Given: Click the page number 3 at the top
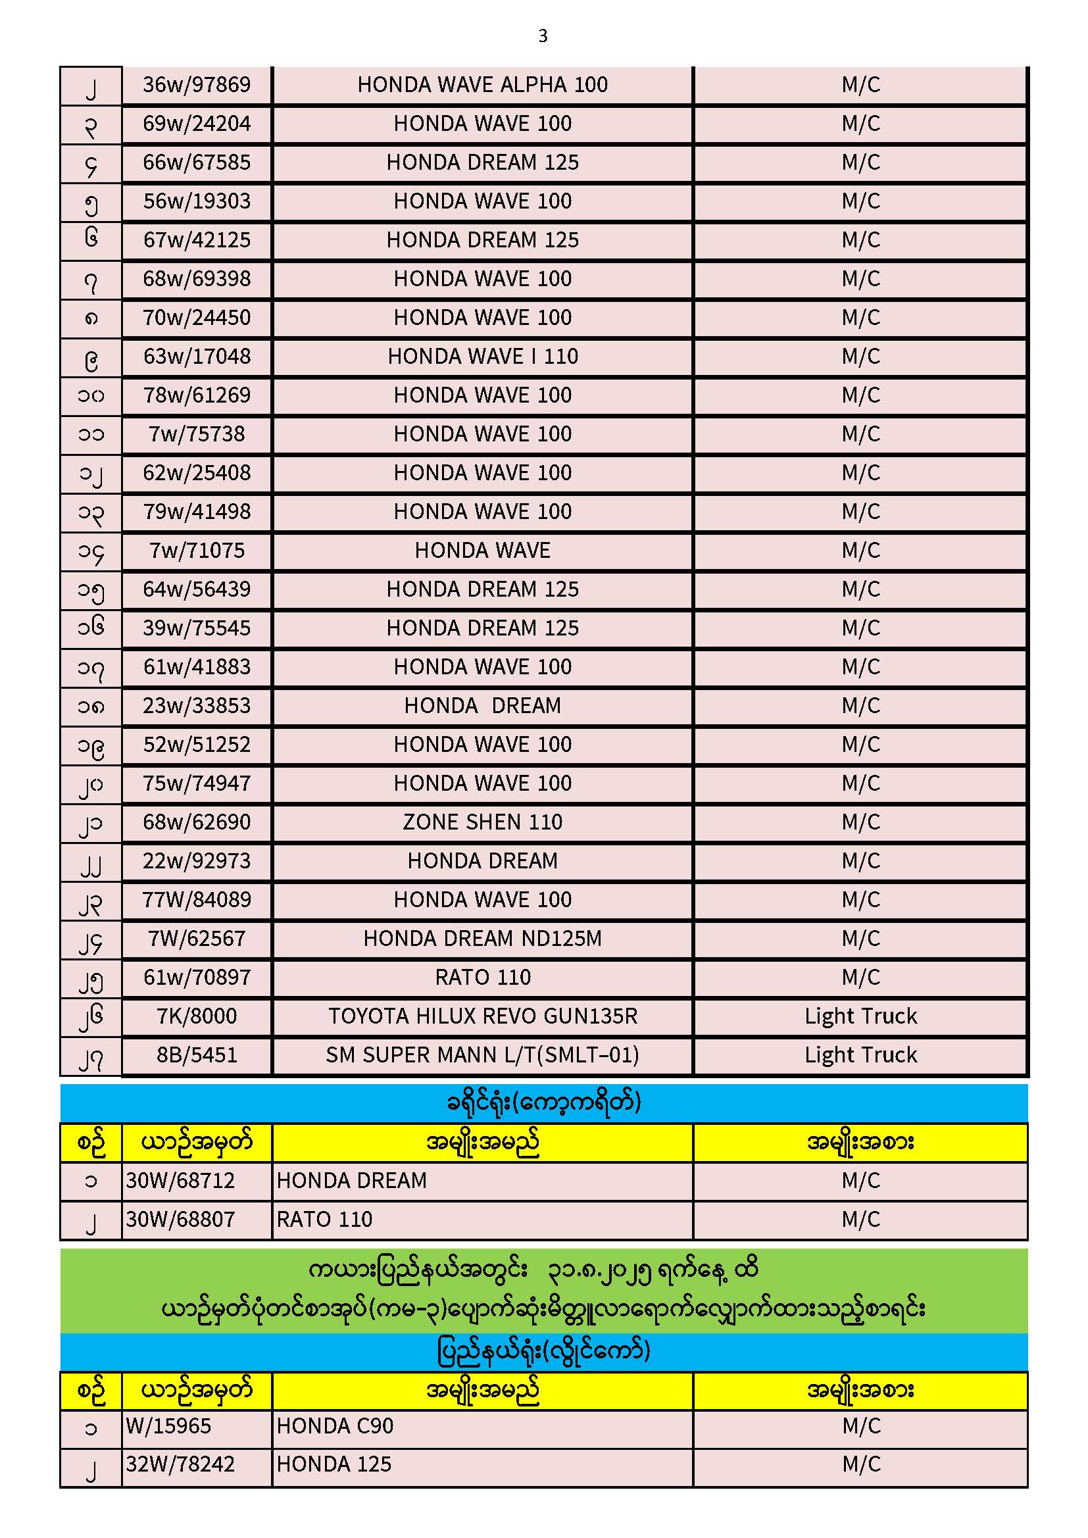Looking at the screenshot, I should pos(543,36).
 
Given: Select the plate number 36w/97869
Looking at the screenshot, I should pos(196,85).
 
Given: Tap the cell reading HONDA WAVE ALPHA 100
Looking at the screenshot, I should pos(482,85).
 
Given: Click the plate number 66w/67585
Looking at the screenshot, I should pos(196,162).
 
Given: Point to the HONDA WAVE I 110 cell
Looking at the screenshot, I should pos(482,357).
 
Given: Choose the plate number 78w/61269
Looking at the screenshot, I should pos(196,396).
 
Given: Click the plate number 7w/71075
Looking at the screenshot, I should pos(196,551).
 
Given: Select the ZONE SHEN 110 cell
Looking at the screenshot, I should pos(482,822).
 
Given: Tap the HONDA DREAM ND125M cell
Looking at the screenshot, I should pos(482,939).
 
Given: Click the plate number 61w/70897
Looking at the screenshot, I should pos(196,978).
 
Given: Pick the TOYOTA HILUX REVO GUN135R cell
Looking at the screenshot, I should pos(482,1017).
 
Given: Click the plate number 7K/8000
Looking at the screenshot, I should pos(196,1017).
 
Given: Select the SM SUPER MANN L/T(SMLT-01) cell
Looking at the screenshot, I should pos(482,1056).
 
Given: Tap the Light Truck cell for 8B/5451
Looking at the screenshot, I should pos(860,1056).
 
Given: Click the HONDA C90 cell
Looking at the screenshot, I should pos(335,1426).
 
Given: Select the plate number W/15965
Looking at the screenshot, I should pos(169,1426).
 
